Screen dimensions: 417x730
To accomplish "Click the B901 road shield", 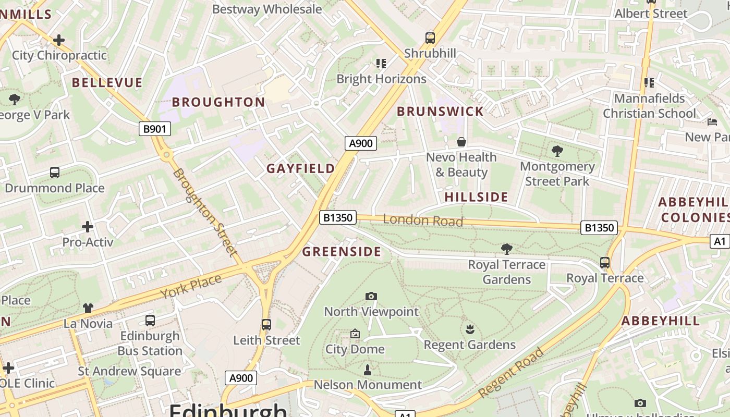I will (155, 129).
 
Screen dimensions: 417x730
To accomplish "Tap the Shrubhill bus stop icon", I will (430, 38).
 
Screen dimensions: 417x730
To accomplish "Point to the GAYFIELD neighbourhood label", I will (301, 168).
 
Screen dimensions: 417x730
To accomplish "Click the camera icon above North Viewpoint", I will (371, 296).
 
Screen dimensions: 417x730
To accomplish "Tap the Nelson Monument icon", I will (368, 370).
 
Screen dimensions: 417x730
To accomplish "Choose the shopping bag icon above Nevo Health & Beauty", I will (461, 142).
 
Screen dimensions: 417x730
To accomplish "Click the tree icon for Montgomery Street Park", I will (557, 151).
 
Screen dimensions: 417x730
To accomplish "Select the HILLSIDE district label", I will (476, 197).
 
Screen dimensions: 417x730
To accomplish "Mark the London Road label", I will (423, 220).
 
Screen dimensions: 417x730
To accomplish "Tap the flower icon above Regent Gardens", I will (470, 329).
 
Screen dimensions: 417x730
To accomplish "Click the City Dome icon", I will (355, 334).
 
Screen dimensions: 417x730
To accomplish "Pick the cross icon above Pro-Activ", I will (88, 227).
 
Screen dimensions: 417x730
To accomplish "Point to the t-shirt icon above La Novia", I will (88, 308).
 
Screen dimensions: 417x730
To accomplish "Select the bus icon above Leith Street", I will (266, 325).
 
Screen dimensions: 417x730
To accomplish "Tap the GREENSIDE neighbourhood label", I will (342, 252).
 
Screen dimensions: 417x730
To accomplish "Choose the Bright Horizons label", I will (381, 79).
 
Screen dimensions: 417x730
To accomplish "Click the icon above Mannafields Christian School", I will (649, 82).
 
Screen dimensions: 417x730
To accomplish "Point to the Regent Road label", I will (511, 372).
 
